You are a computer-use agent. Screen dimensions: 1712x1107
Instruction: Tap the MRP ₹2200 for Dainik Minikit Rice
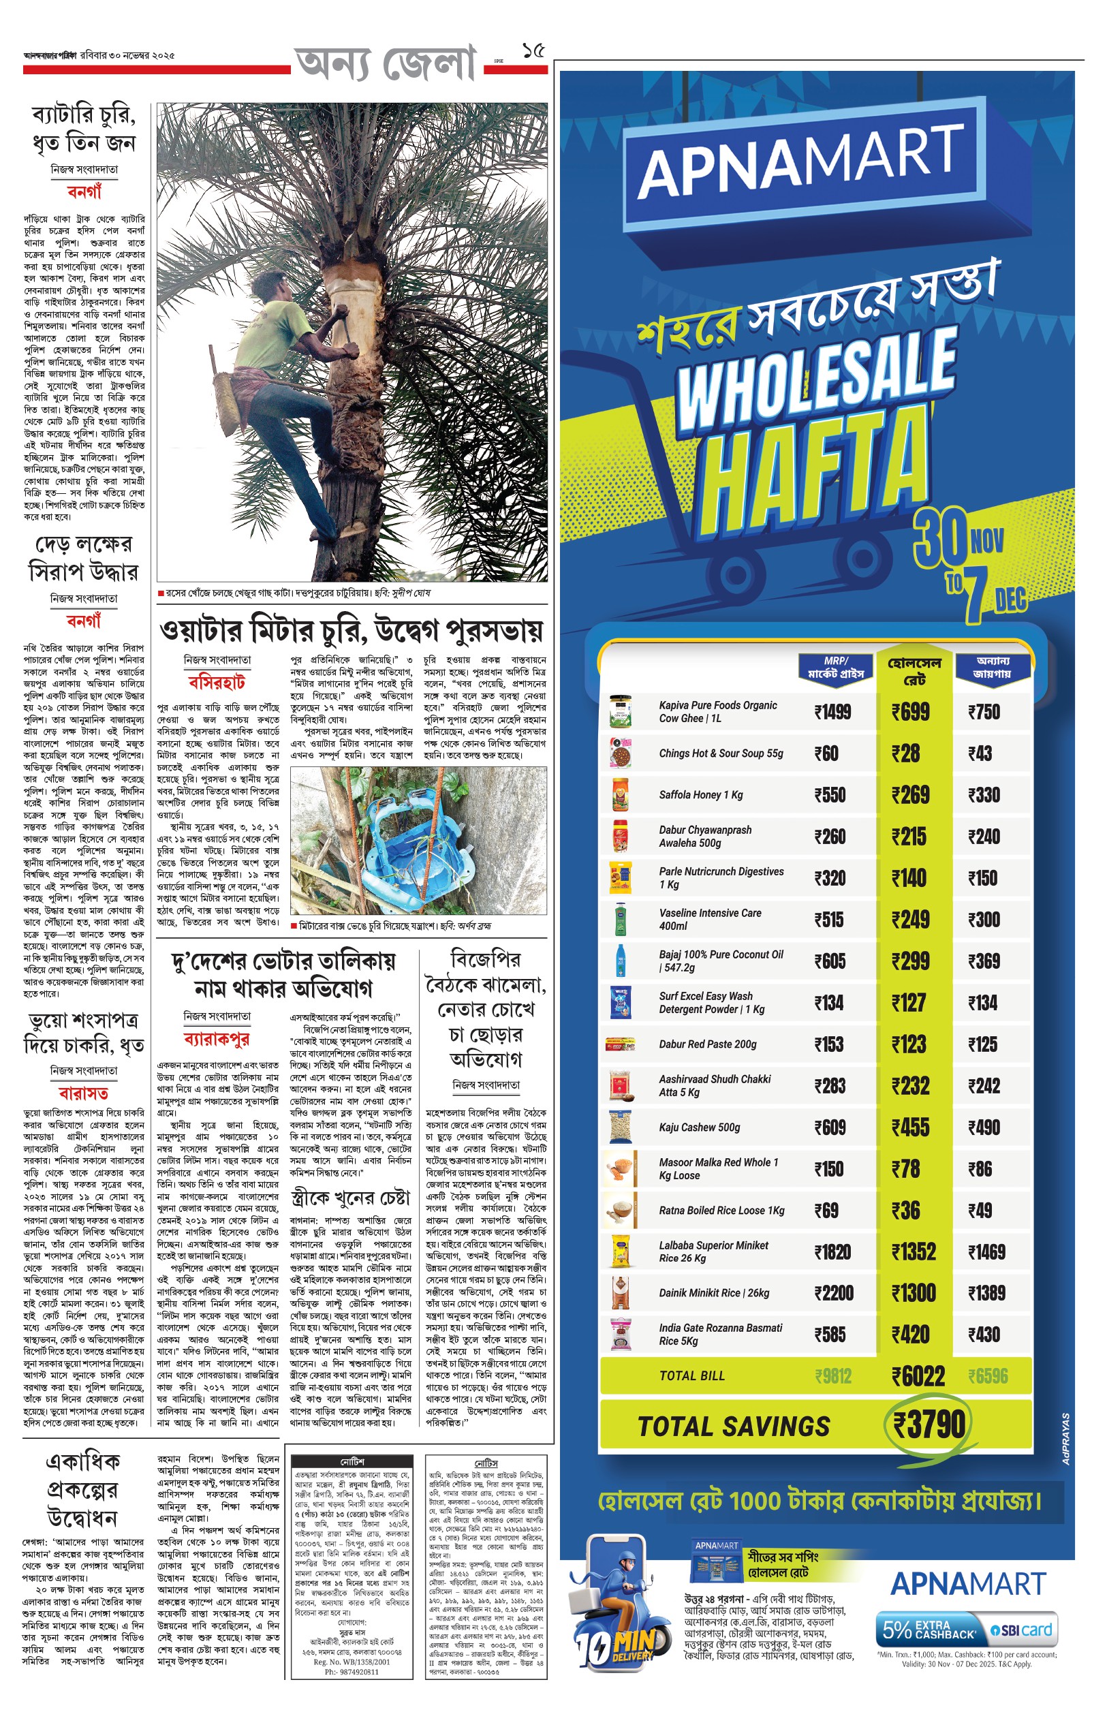[834, 1293]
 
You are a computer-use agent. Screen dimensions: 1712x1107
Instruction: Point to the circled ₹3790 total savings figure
[929, 1424]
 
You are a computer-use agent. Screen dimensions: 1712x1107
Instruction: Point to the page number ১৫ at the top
[533, 50]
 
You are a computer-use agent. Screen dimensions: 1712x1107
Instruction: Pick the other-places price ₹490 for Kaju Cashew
[984, 1127]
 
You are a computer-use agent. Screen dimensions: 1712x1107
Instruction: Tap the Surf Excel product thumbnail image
[620, 1003]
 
